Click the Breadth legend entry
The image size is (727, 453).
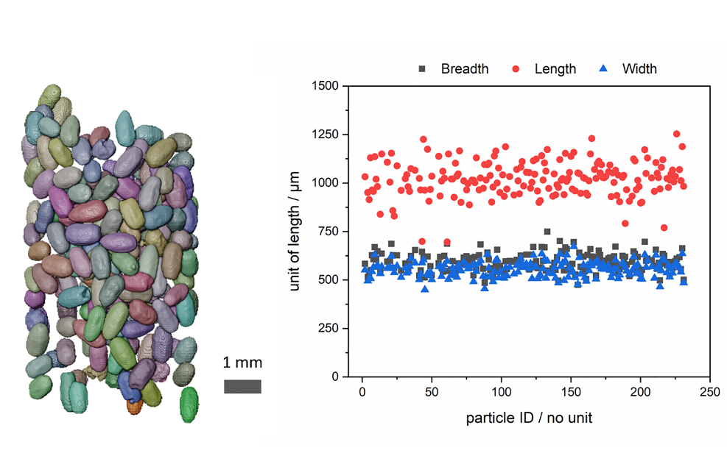453,69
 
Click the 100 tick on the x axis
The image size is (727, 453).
501,390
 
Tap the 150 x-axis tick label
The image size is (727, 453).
570,390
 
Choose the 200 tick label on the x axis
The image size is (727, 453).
640,390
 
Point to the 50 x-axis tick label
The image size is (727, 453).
432,390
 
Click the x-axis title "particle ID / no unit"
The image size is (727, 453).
529,418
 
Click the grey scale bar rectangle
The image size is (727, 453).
243,387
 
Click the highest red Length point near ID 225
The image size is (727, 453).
676,134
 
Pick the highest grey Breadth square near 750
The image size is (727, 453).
547,232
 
